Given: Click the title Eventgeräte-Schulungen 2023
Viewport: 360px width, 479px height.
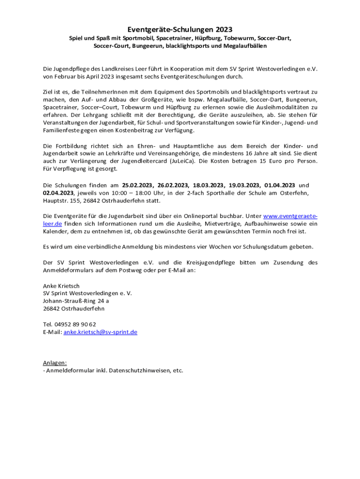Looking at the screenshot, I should pos(180,29).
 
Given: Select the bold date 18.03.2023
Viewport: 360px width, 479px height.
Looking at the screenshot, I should pos(209,186).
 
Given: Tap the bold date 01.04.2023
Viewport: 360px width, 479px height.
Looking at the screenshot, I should pos(280,186).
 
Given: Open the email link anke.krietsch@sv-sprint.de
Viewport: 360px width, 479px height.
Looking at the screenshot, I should pos(100,332).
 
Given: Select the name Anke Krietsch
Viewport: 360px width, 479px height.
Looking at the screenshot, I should pos(61,286).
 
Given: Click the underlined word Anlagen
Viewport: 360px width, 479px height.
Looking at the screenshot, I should pos(55,363).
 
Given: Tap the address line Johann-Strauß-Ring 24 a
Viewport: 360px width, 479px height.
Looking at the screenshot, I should pos(76,301).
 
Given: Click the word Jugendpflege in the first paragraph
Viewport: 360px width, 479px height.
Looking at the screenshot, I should pos(71,69).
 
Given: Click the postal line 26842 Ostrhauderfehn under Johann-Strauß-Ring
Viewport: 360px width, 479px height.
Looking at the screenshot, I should pos(74,309).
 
